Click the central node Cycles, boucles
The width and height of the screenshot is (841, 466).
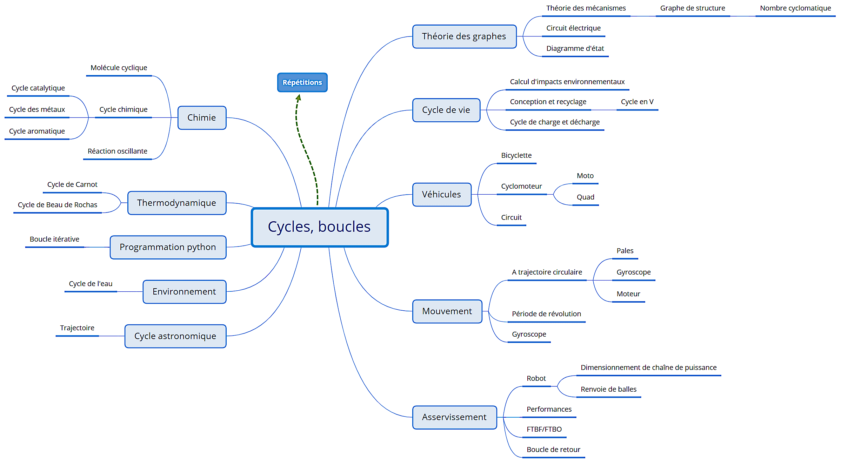pyautogui.click(x=320, y=227)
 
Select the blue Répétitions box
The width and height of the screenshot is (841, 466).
pyautogui.click(x=302, y=82)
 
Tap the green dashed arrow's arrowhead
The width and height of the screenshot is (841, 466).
pyautogui.click(x=299, y=97)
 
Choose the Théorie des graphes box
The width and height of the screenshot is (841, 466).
pyautogui.click(x=464, y=36)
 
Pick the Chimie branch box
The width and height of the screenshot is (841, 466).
pyautogui.click(x=202, y=117)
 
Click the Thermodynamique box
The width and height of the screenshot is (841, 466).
pyautogui.click(x=176, y=203)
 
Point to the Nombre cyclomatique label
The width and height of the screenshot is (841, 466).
pyautogui.click(x=795, y=8)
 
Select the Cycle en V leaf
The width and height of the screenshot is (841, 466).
pyautogui.click(x=637, y=102)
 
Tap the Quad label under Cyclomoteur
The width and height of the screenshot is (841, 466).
pyautogui.click(x=585, y=197)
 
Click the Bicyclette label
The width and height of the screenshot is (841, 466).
pyautogui.click(x=516, y=155)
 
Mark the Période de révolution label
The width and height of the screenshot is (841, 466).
pyautogui.click(x=546, y=314)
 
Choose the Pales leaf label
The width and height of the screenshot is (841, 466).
pyautogui.click(x=625, y=251)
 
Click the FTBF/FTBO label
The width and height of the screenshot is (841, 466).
pyautogui.click(x=544, y=429)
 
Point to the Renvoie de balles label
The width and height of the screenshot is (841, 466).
pyautogui.click(x=608, y=389)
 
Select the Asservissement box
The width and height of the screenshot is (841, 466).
pyautogui.click(x=454, y=417)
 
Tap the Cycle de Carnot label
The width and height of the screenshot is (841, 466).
pyautogui.click(x=72, y=184)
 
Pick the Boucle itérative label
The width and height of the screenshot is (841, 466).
pyautogui.click(x=54, y=239)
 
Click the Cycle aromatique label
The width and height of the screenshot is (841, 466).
pyautogui.click(x=37, y=131)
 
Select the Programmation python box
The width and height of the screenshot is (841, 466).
pyautogui.click(x=168, y=247)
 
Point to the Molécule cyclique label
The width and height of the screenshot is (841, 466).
pyautogui.click(x=119, y=68)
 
